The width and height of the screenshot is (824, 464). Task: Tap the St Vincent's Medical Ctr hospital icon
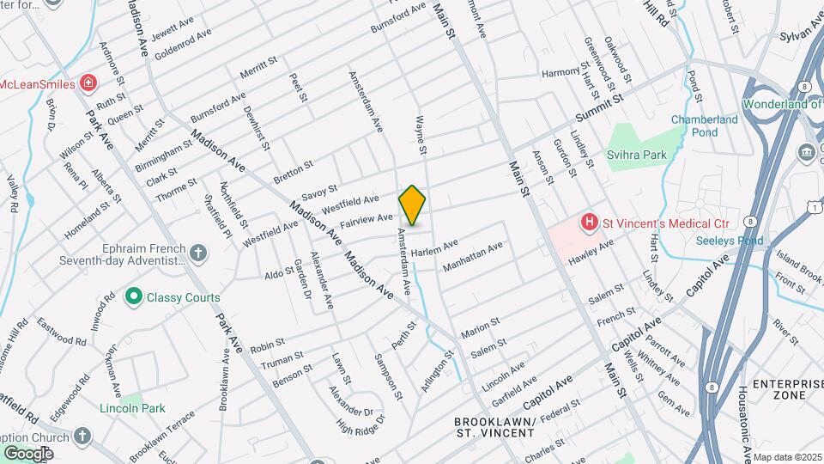590,223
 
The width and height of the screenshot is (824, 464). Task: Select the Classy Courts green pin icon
133,297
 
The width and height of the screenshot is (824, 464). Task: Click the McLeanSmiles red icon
88,83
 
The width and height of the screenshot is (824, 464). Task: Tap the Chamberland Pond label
705,126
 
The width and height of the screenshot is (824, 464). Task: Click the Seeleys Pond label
730,241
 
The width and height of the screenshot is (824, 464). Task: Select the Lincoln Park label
132,408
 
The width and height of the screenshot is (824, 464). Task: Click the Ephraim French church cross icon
198,252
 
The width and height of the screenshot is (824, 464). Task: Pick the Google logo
28,453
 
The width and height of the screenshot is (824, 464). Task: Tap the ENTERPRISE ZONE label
779,389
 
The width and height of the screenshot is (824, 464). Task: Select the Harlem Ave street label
434,252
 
